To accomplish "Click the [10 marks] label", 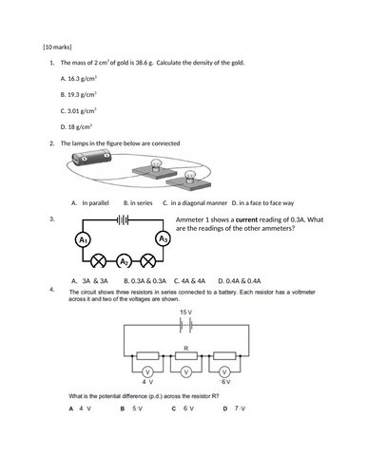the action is coord(57,47).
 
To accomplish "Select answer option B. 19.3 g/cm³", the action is coord(78,94).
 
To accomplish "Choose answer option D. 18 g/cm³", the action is coord(76,127).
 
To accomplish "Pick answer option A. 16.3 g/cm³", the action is coord(78,78).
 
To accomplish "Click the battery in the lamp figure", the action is coord(91,158).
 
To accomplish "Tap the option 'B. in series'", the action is coord(138,203).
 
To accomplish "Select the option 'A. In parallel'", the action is coord(90,203).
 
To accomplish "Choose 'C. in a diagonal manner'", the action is coord(195,203).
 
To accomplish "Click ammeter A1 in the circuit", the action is coord(83,240).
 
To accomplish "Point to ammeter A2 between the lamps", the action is coord(124,261).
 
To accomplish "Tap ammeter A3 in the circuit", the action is coord(163,239).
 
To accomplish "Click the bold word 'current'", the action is coord(247,219).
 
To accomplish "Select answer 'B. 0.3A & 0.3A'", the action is coord(145,281).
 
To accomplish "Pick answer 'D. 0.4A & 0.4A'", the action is coord(240,281).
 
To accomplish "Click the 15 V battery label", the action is coord(185,313).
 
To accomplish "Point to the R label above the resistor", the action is coord(186,348).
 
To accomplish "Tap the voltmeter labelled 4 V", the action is coord(147,371).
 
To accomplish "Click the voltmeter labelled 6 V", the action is coord(225,371).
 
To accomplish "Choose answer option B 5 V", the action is coord(131,408).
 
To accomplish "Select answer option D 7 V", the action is coord(234,408).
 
